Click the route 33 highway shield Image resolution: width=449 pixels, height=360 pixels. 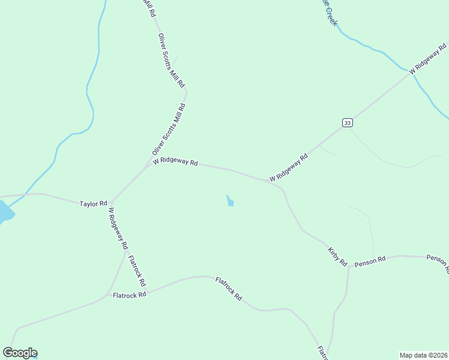click(348, 122)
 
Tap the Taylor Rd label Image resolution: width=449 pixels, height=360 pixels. click(93, 204)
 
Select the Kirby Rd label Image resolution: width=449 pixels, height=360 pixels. click(337, 256)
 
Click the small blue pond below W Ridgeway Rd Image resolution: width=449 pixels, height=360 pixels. click(230, 201)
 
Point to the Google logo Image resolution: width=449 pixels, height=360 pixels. click(20, 353)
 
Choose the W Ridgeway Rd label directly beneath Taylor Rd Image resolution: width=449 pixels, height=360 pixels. click(118, 228)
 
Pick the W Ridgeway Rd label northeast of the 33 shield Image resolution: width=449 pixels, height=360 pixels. click(428, 58)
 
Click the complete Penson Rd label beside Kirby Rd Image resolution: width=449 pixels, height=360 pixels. click(370, 263)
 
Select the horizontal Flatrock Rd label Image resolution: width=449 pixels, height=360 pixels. click(130, 295)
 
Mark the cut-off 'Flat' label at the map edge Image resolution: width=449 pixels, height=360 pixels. click(322, 352)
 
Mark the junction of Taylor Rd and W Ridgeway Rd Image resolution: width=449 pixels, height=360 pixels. click(111, 202)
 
